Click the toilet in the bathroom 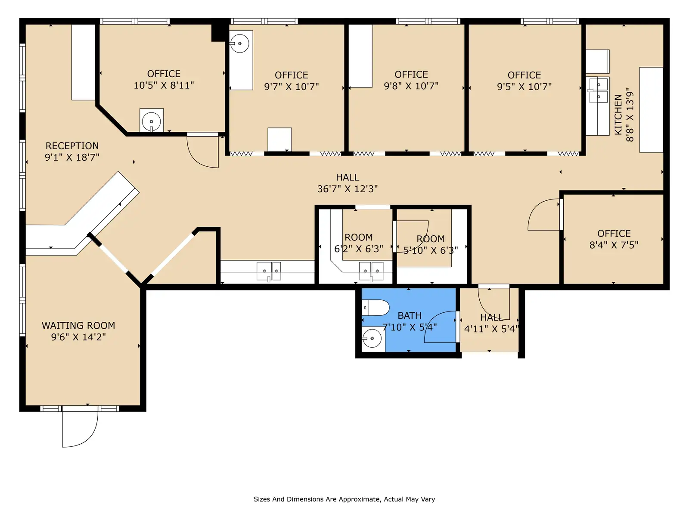pos(376,308)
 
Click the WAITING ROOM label pos(78,326)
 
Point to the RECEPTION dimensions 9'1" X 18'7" pos(72,157)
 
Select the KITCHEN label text pos(618,115)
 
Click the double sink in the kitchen pos(598,90)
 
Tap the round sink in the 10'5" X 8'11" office pos(151,121)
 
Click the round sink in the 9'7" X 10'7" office pos(239,44)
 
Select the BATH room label pos(410,315)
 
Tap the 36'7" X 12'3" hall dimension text pos(348,189)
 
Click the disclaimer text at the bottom pos(344,499)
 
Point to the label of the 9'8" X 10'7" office pos(411,75)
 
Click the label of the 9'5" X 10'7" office pos(524,75)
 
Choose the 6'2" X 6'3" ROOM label pos(358,237)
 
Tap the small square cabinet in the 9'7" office pos(279,139)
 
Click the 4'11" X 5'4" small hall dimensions pos(491,329)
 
